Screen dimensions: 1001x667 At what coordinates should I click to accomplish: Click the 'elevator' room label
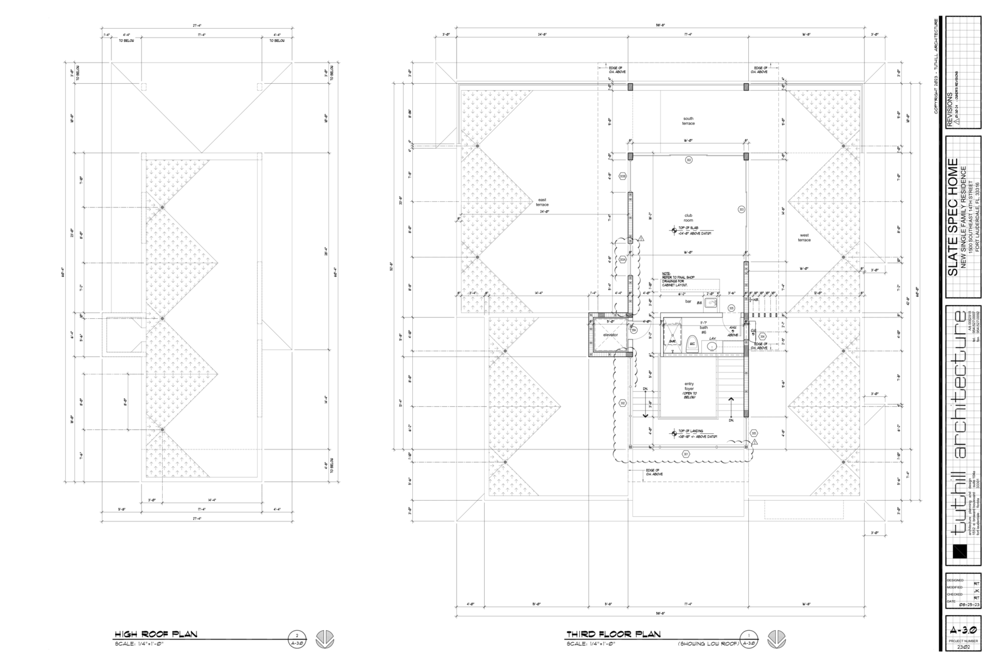pos(610,335)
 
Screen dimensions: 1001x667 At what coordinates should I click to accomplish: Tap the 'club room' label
pos(688,218)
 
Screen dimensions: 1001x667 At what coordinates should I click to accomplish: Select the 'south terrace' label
pos(688,121)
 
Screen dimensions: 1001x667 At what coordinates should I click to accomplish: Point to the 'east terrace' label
pos(542,203)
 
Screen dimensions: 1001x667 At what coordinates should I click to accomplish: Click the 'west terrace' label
pos(804,238)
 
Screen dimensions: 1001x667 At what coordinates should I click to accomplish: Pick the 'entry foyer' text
pos(689,388)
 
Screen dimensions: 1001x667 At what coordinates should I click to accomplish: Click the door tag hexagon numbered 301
pos(686,454)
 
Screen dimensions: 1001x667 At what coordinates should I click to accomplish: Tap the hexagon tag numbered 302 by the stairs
pos(622,403)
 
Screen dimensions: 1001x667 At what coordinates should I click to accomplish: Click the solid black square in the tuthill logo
pos(957,551)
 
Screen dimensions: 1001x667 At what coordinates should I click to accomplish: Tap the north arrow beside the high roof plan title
pos(325,639)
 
